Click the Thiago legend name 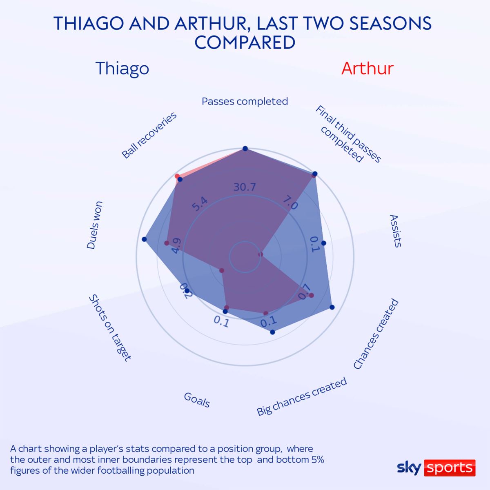pos(122,68)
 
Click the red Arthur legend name pos(367,68)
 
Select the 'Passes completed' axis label pos(245,101)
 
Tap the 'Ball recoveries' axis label pos(149,135)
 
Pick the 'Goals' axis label pos(197,400)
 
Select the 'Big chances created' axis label pos(302,396)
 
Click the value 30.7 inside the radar pos(245,187)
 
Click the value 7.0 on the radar pos(290,203)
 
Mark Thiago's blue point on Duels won pos(144,238)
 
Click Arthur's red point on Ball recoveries pos(177,176)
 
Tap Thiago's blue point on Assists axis pos(324,243)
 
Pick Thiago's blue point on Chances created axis pos(332,307)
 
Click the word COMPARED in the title pos(245,43)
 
